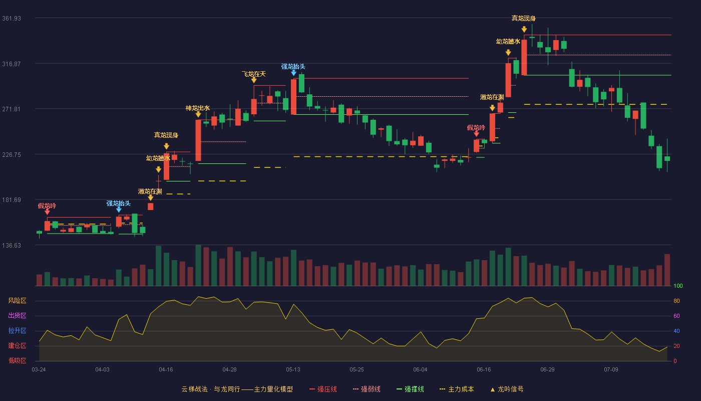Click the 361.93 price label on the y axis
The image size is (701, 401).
tap(12, 19)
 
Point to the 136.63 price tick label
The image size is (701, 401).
tap(12, 245)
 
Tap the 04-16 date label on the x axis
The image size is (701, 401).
tap(166, 370)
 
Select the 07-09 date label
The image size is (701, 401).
tap(611, 370)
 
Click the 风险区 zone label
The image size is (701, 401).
tap(17, 301)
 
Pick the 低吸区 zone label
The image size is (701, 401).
tap(17, 361)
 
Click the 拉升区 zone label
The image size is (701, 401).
tap(17, 331)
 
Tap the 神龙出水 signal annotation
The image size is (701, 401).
tap(197, 108)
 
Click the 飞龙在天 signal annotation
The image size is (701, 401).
tap(253, 74)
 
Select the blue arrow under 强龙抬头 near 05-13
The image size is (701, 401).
tap(293, 73)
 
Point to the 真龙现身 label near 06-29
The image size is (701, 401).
tap(524, 19)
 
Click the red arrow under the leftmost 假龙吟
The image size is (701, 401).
tap(47, 212)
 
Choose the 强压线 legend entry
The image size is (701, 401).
tap(323, 389)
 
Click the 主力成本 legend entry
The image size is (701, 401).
tap(457, 389)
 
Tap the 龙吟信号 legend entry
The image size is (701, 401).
tap(507, 389)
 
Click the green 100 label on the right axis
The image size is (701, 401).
tap(678, 286)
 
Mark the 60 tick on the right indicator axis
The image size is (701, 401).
tap(676, 316)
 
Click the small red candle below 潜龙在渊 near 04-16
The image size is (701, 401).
tap(151, 207)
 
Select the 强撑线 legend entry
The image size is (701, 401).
tap(410, 389)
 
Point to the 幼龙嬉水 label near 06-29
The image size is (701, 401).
tap(508, 42)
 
